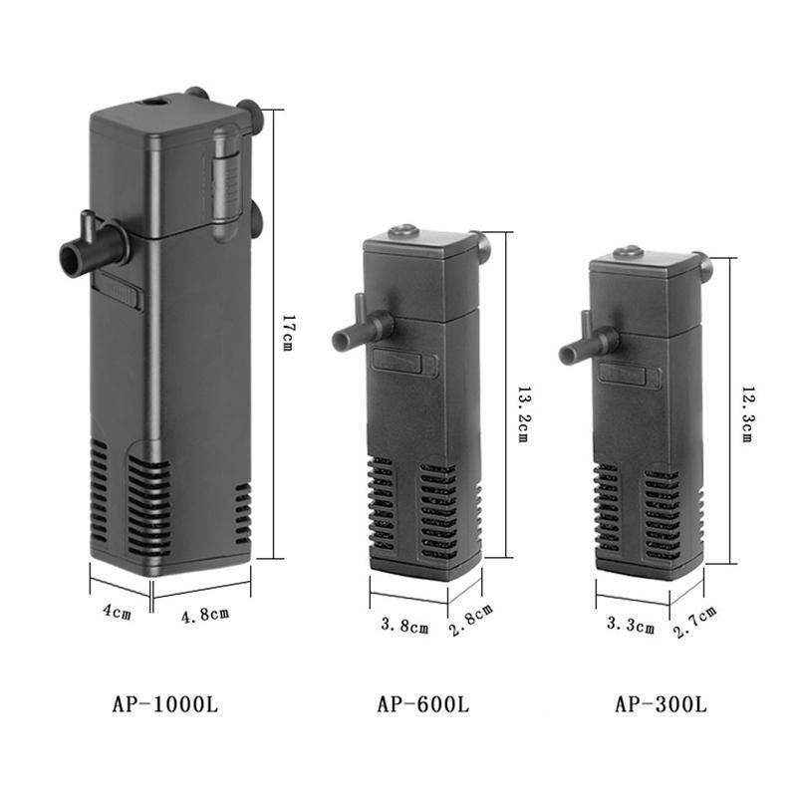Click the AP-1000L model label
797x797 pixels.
[164, 704]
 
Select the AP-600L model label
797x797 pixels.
[422, 704]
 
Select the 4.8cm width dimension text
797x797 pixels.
[204, 614]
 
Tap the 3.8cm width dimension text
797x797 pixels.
[404, 627]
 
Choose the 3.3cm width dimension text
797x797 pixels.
[632, 627]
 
